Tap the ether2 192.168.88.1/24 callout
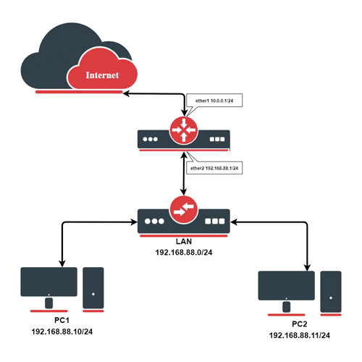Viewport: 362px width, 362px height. click(214, 168)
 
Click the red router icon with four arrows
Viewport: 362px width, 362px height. click(184, 129)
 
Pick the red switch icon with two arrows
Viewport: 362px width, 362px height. click(184, 210)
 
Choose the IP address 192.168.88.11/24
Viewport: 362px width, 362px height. click(299, 337)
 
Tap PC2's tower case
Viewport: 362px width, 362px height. click(330, 291)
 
